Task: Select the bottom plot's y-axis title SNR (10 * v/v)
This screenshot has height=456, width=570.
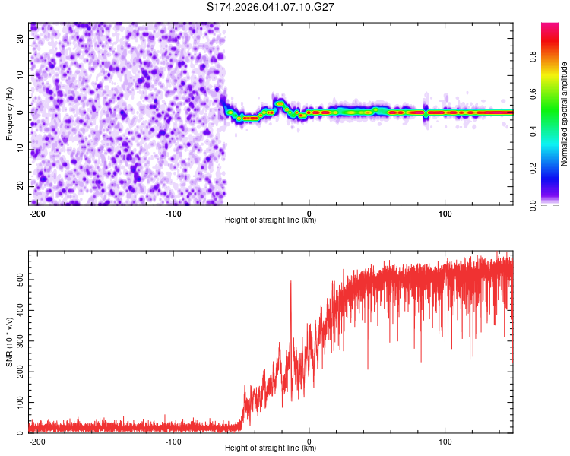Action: pyautogui.click(x=9, y=341)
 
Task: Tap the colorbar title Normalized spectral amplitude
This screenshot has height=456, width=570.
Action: pyautogui.click(x=565, y=114)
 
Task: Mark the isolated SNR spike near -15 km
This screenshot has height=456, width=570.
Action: pyautogui.click(x=290, y=282)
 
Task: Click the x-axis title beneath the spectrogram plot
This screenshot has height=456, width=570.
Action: pyautogui.click(x=271, y=220)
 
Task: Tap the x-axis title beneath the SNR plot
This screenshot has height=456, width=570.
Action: pyautogui.click(x=271, y=448)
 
